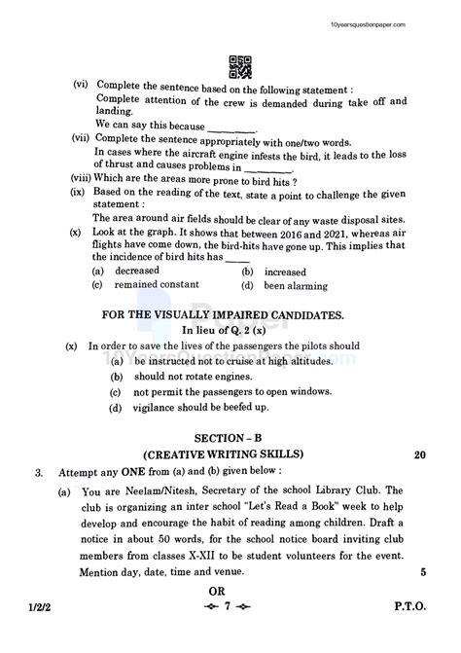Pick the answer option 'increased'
285,271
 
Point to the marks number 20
419,454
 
